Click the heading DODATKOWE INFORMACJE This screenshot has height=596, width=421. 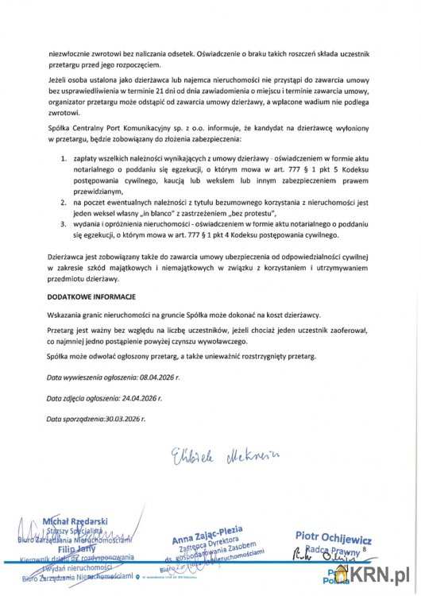click(x=91, y=296)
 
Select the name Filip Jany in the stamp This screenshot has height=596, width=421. click(x=73, y=547)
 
